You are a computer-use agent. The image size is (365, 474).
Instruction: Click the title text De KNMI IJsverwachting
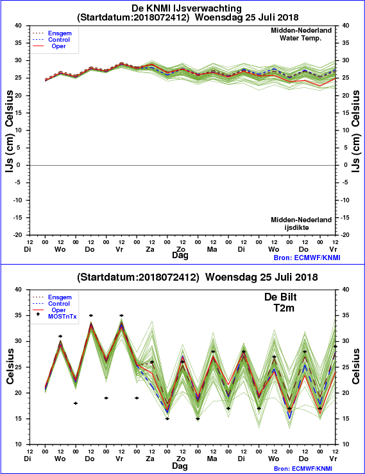pyautogui.click(x=187, y=8)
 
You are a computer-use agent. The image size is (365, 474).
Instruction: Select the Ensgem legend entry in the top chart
pyautogui.click(x=60, y=33)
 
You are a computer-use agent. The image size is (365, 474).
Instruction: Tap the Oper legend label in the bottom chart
pyautogui.click(x=58, y=310)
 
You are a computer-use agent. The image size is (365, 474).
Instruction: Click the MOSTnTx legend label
pyautogui.click(x=62, y=317)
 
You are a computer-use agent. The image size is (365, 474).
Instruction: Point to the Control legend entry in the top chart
pyautogui.click(x=59, y=40)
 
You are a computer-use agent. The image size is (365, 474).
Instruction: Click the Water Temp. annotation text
pyautogui.click(x=300, y=39)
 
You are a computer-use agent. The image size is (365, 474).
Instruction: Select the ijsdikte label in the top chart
pyautogui.click(x=296, y=227)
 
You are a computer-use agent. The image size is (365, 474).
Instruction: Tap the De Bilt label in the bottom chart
pyautogui.click(x=280, y=297)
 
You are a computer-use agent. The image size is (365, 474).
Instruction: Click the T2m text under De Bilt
pyautogui.click(x=284, y=308)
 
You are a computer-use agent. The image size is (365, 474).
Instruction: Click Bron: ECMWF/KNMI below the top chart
pyautogui.click(x=307, y=258)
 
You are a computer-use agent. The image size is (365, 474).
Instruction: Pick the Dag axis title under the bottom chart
pyautogui.click(x=180, y=466)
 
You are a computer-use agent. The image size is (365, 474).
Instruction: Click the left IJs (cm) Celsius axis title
pyautogui.click(x=10, y=132)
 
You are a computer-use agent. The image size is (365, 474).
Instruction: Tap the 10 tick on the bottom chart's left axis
pyautogui.click(x=19, y=444)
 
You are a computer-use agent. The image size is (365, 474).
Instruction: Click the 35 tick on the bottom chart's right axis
pyautogui.click(x=346, y=315)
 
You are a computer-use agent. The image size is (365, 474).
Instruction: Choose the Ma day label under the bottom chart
pyautogui.click(x=212, y=459)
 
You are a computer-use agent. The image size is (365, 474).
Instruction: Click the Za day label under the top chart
pyautogui.click(x=150, y=249)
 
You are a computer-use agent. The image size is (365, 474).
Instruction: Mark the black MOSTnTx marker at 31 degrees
pyautogui.click(x=60, y=336)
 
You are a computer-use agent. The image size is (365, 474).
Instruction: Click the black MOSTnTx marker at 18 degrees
pyautogui.click(x=76, y=403)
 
